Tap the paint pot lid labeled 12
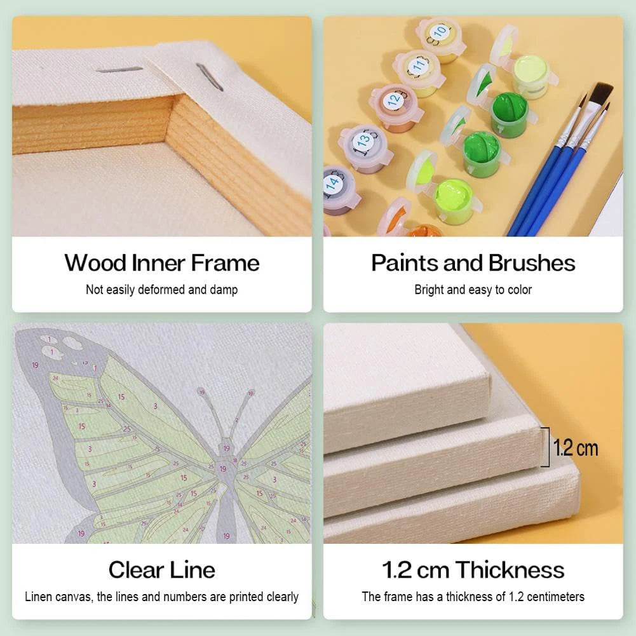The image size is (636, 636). [394, 100]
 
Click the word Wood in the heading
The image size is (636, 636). [95, 263]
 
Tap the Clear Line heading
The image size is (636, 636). [162, 569]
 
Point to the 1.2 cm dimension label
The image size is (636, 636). [576, 448]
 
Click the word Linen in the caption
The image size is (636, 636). [39, 597]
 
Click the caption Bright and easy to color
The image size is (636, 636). [473, 290]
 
